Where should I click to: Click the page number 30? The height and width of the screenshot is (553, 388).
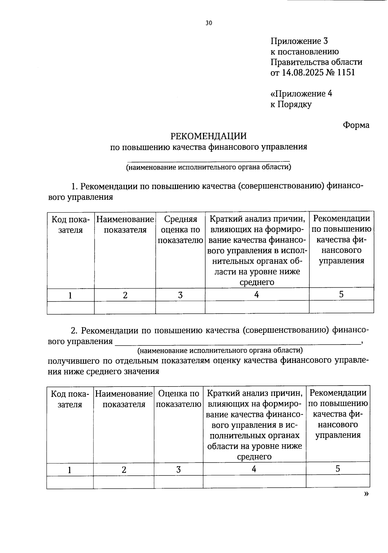pos(209,23)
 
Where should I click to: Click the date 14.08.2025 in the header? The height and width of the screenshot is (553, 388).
pos(303,72)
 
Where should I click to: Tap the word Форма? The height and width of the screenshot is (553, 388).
pos(356,125)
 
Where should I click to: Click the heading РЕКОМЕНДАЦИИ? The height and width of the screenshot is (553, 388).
pos(209,136)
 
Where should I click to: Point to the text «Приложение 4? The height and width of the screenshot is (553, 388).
pos(301,94)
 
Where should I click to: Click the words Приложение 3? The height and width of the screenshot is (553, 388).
pos(299,41)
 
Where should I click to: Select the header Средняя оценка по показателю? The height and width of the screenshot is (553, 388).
pos(180,230)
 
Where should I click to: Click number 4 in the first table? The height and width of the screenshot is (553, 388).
pos(256,294)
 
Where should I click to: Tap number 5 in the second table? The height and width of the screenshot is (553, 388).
pos(338,469)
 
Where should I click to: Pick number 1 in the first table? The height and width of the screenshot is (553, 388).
pos(70,295)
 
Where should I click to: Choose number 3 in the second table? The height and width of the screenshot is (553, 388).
pos(178,469)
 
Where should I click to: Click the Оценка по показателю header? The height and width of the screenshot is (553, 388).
pos(178,399)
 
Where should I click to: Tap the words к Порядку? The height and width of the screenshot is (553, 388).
pos(291,104)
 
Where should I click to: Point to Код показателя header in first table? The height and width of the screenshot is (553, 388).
pos(70,225)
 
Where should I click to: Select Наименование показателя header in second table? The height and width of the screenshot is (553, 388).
pos(124,399)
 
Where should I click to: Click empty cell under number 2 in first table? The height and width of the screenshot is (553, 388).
pos(125,307)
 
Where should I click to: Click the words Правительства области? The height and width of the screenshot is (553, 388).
pos(316,62)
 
